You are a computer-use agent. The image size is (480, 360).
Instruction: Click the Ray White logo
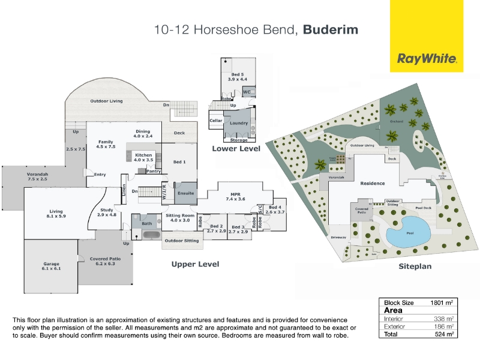click(x=427, y=59)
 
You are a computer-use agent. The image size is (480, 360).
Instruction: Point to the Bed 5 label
click(x=238, y=76)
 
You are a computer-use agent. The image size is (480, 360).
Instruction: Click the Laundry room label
click(x=239, y=123)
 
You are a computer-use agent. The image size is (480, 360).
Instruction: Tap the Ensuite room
click(x=186, y=193)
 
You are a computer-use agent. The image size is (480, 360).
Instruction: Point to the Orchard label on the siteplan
click(x=397, y=121)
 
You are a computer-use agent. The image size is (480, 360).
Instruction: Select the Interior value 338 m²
click(x=444, y=319)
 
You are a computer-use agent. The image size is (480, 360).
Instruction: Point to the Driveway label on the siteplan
click(x=338, y=237)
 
